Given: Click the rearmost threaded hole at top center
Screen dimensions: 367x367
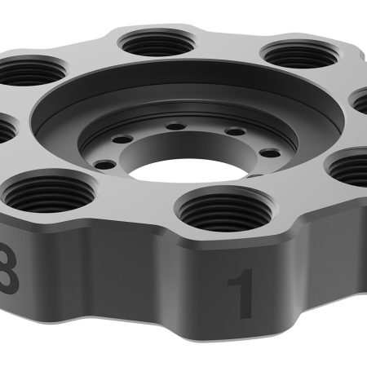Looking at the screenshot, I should point(156,40).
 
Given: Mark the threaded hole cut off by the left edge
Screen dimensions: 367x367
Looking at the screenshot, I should point(4,130).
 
